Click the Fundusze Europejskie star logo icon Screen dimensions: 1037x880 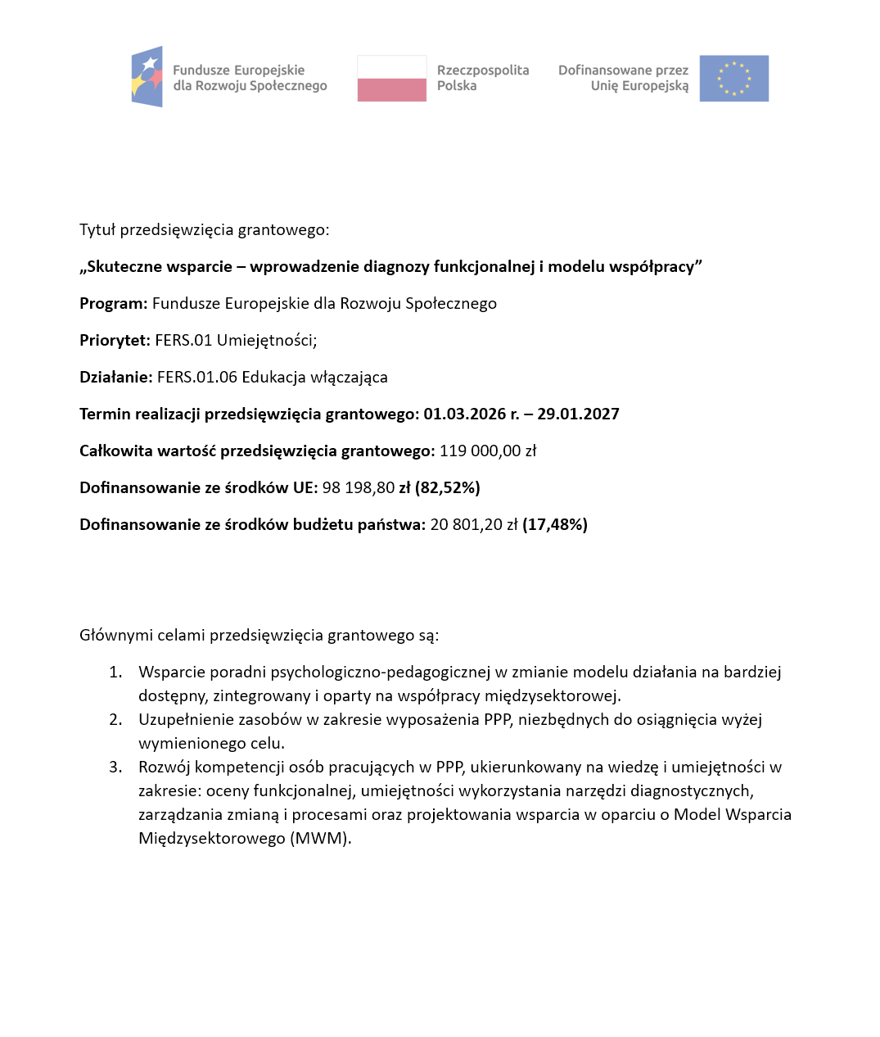click(x=147, y=77)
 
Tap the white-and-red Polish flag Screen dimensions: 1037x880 click(x=391, y=79)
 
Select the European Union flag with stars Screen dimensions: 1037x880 click(x=733, y=79)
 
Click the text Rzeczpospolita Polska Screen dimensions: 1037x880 click(x=482, y=78)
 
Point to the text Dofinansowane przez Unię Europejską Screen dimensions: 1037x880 click(x=624, y=78)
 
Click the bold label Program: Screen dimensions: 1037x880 click(x=113, y=304)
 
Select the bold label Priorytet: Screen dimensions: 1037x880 click(x=115, y=341)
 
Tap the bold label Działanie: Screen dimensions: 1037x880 click(x=115, y=378)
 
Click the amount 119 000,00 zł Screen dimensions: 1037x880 click(x=488, y=451)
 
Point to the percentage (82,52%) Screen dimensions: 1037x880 click(x=448, y=488)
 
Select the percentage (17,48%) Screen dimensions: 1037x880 click(x=555, y=525)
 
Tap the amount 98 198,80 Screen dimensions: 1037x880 click(x=358, y=488)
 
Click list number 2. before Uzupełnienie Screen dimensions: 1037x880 click(x=115, y=720)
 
